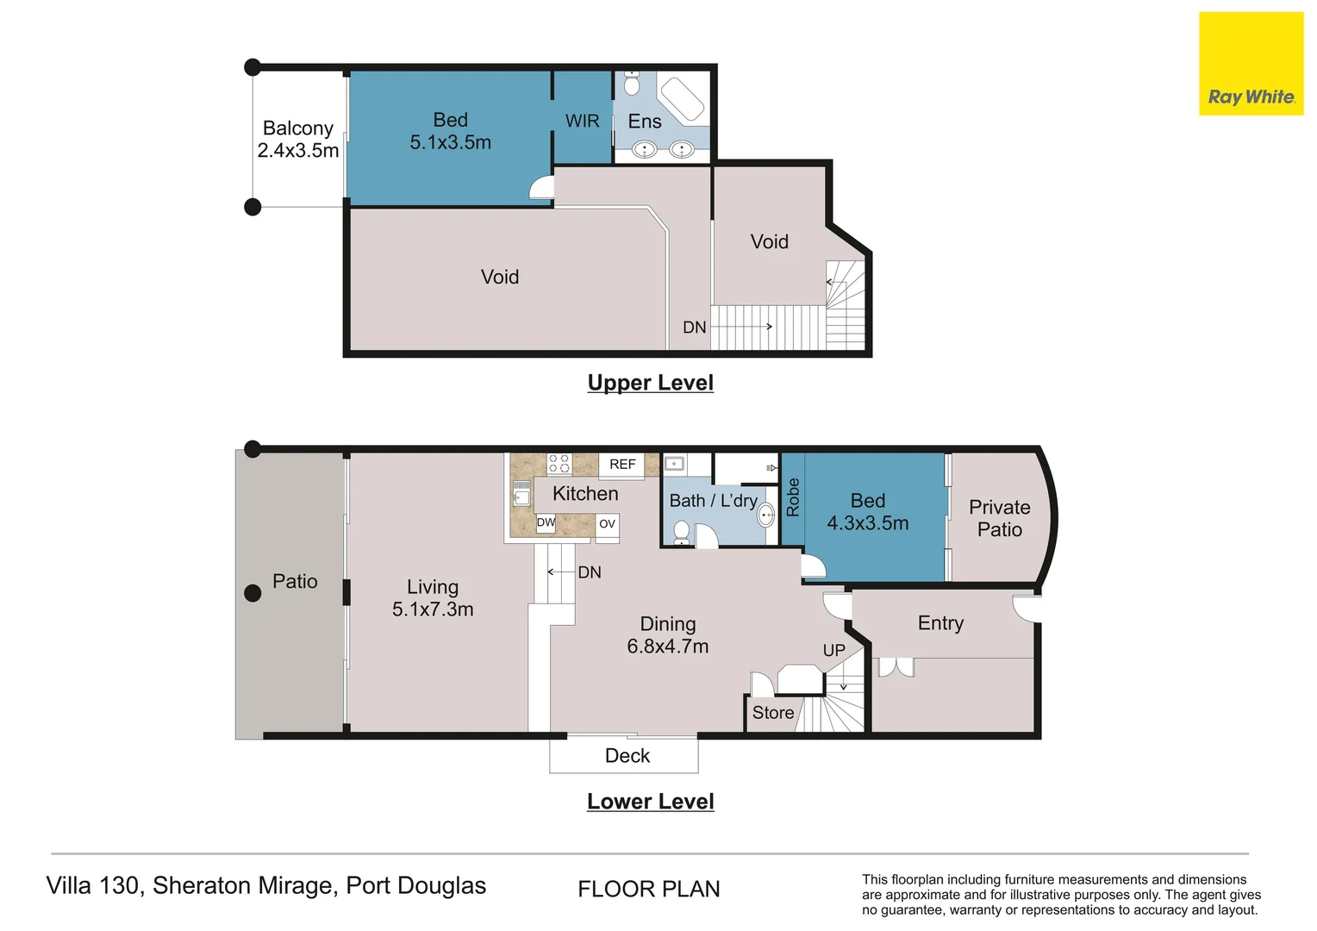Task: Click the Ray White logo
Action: (x=1251, y=64)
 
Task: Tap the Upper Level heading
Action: (x=650, y=383)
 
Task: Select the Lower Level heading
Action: (x=650, y=802)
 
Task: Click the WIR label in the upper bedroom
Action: (x=582, y=122)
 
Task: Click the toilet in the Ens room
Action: (x=632, y=84)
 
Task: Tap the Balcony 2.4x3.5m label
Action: (x=297, y=139)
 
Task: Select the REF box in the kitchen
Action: (x=622, y=465)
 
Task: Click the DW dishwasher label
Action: (x=546, y=522)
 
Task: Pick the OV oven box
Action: (x=607, y=524)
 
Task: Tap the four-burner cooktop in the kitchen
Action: (x=559, y=464)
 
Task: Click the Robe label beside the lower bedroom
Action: (x=793, y=497)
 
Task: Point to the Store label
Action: (x=772, y=713)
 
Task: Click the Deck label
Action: (x=627, y=756)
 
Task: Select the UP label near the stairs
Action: (x=833, y=651)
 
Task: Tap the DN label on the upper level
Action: (x=694, y=328)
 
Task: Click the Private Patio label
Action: (x=999, y=518)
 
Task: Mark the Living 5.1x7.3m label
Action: (x=433, y=598)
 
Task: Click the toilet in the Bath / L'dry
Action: (x=682, y=532)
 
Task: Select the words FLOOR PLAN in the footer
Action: (x=648, y=889)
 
